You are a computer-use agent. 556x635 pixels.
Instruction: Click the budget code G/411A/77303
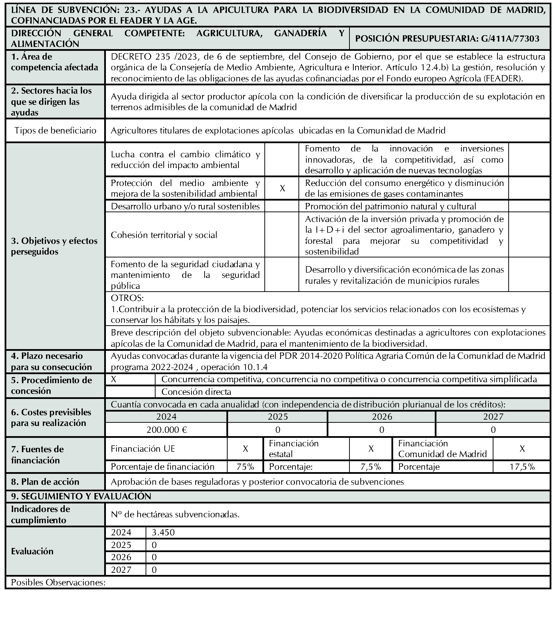point(510,39)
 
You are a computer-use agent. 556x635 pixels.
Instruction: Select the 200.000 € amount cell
point(167,430)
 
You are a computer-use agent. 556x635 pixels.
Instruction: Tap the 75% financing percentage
point(245,467)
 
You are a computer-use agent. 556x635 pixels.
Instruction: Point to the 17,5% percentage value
point(522,467)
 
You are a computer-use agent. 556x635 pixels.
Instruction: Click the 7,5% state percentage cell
point(371,467)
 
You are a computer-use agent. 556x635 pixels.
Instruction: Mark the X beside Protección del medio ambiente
point(282,188)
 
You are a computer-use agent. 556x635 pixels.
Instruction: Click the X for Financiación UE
point(245,449)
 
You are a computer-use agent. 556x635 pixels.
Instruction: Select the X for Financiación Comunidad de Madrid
point(522,449)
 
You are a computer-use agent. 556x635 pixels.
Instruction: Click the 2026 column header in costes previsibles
point(382,416)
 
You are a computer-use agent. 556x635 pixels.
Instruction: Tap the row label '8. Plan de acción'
point(45,482)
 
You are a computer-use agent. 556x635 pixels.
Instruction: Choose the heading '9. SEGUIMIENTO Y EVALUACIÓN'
point(81,496)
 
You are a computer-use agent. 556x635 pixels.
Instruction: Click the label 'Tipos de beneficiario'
point(55,131)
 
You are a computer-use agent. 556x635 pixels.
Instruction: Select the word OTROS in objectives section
point(127,298)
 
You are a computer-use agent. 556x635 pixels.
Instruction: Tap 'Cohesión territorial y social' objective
point(164,235)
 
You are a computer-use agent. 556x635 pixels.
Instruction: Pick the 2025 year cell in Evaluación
point(121,545)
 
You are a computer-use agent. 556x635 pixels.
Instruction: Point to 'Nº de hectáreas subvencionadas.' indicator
point(175,514)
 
